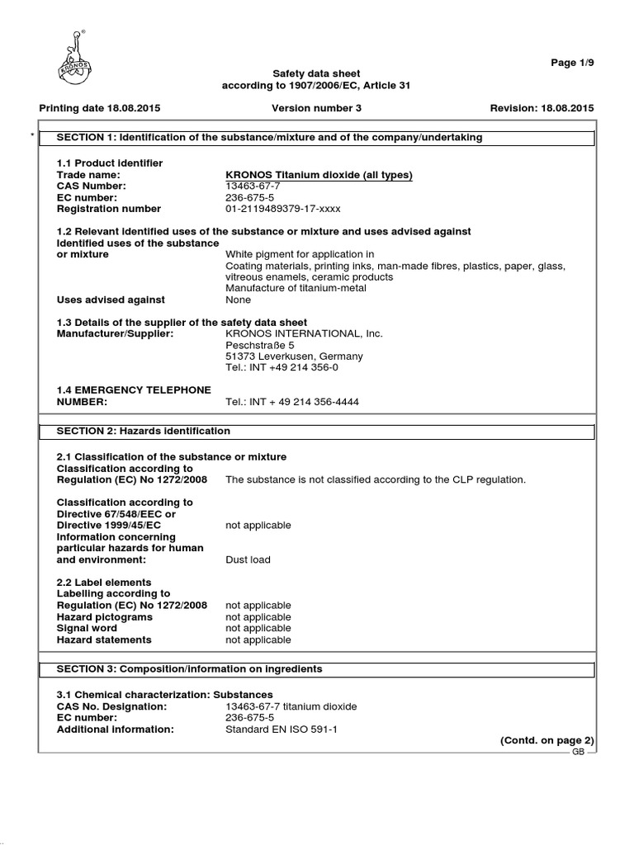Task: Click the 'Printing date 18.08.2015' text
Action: (x=100, y=108)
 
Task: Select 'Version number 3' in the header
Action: (x=316, y=108)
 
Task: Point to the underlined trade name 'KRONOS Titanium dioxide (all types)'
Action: (x=319, y=175)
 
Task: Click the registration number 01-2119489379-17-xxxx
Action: (x=282, y=209)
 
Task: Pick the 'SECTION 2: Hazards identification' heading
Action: (x=143, y=431)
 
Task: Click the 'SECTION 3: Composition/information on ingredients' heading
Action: (x=189, y=668)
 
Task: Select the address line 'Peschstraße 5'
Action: (x=255, y=345)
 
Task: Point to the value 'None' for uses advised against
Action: (x=238, y=300)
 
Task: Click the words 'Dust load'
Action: (x=248, y=559)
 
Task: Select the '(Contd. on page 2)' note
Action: (x=547, y=741)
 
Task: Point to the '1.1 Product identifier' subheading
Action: (x=109, y=163)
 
